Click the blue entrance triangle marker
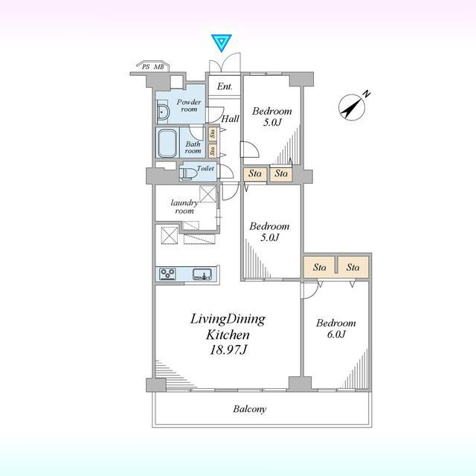point(222,42)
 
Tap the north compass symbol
point(352,107)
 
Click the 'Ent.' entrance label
point(225,86)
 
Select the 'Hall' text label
point(230,118)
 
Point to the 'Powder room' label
point(189,106)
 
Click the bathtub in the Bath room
point(167,143)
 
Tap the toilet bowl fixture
point(187,173)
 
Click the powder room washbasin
point(163,112)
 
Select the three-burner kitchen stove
point(167,274)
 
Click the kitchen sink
point(202,274)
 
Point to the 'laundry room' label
point(184,207)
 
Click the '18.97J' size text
point(228,350)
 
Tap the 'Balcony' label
point(250,409)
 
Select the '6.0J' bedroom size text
point(336,334)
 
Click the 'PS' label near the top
point(146,67)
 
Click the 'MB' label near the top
point(158,67)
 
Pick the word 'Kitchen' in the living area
point(228,335)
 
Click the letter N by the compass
point(367,94)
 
